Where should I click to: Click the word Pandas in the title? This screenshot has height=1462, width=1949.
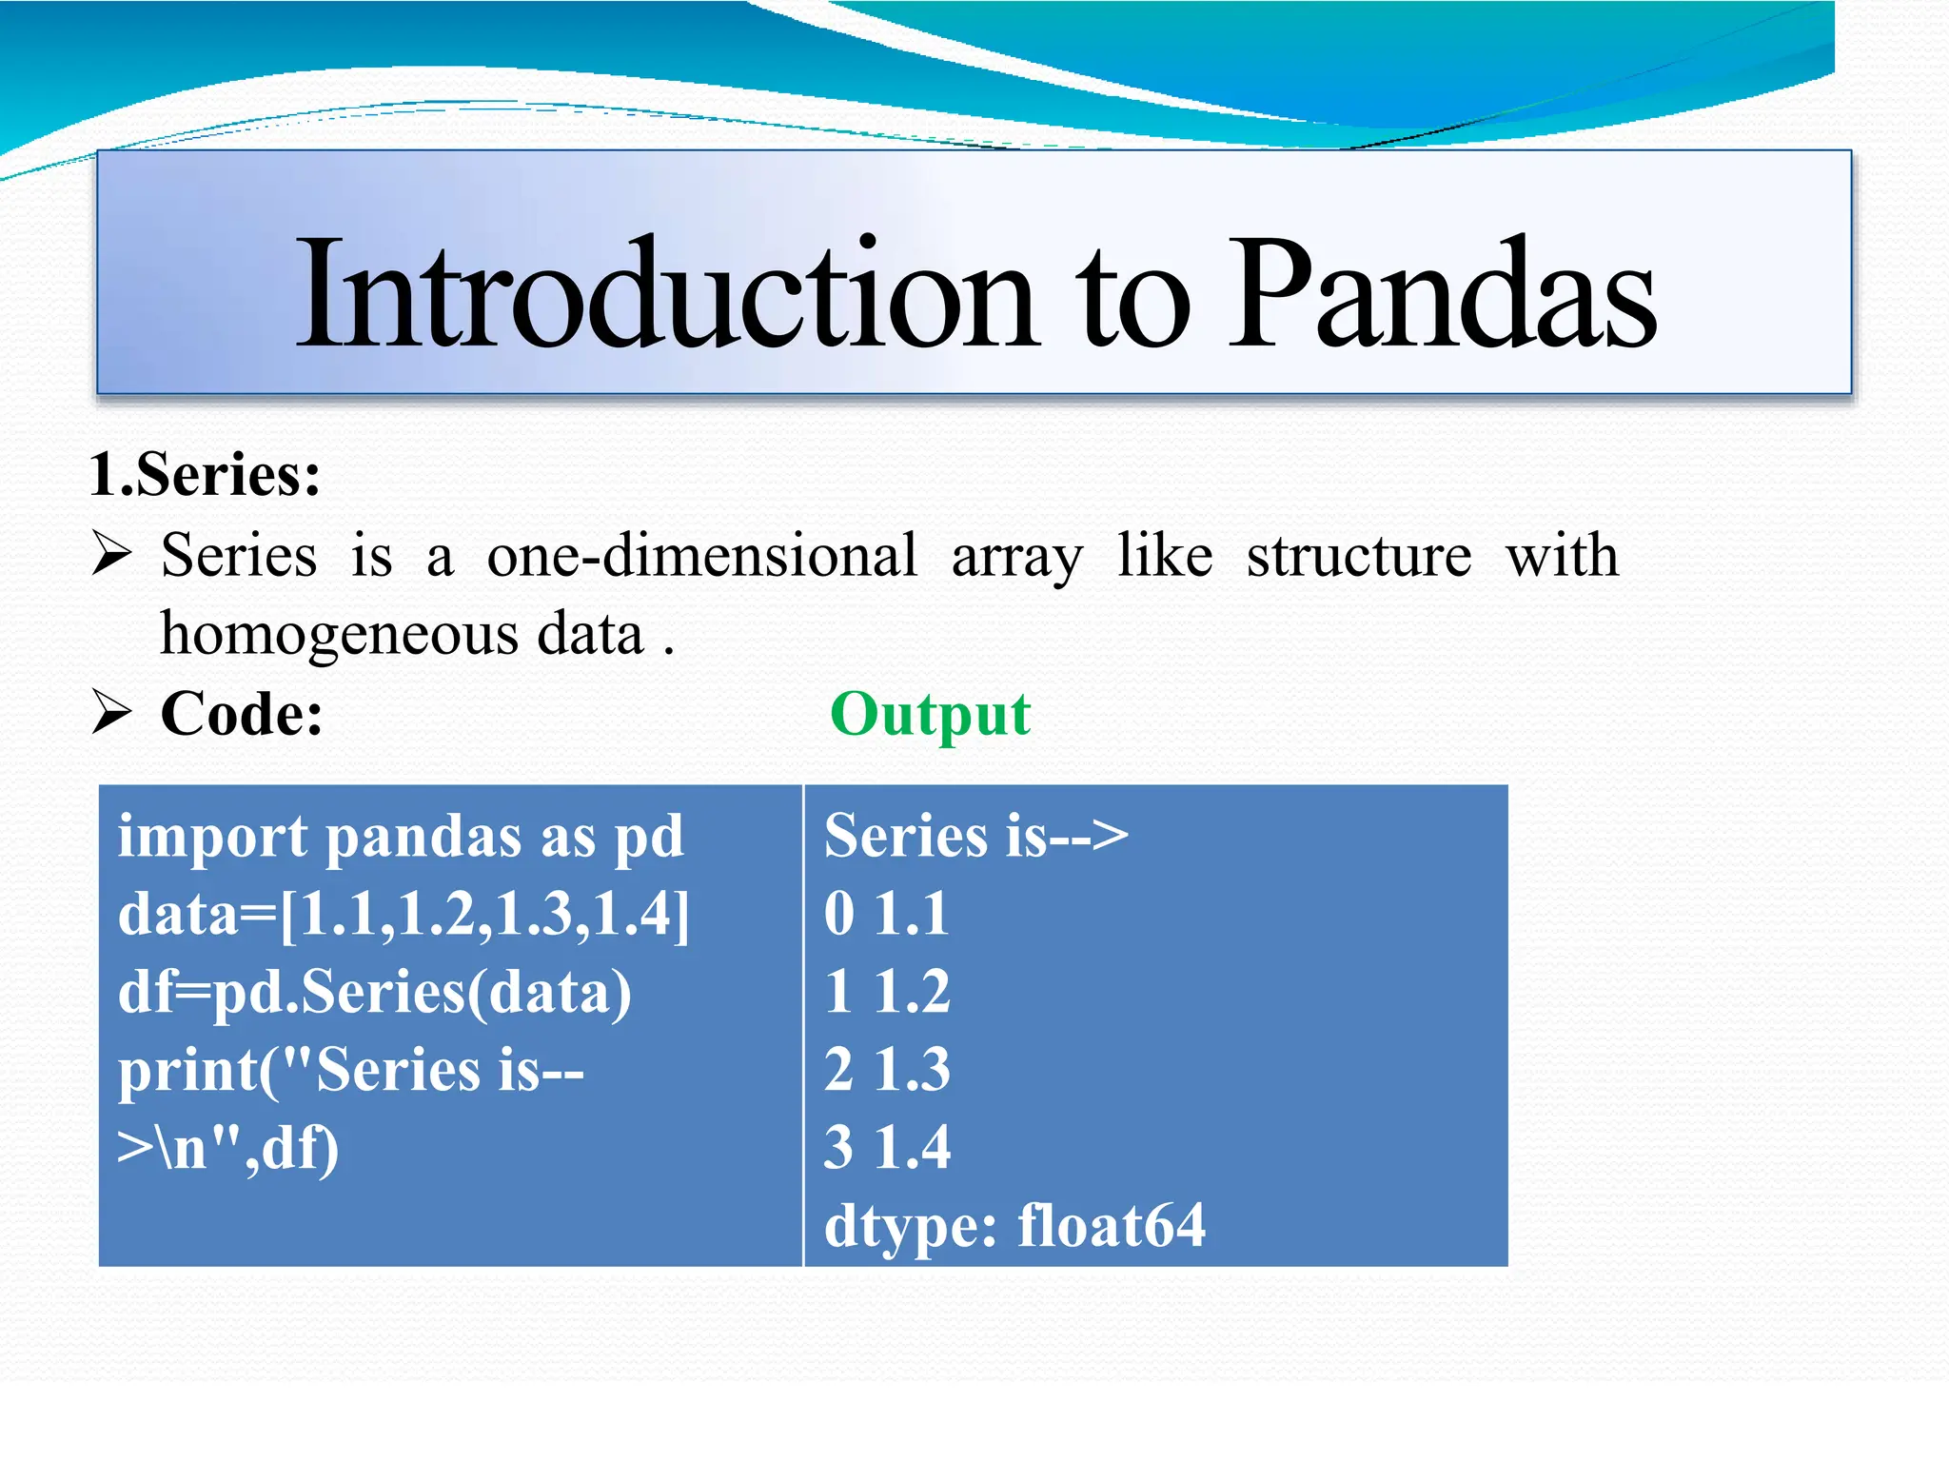1442,295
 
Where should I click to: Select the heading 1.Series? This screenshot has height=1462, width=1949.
205,474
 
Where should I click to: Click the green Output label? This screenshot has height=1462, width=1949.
930,714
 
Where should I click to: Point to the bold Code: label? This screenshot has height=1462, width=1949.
242,714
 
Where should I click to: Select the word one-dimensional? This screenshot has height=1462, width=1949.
701,555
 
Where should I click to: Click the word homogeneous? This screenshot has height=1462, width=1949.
339,634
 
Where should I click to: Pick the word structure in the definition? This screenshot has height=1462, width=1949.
1358,555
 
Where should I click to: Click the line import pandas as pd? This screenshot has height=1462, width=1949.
401,837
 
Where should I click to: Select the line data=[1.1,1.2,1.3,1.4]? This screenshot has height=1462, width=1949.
404,915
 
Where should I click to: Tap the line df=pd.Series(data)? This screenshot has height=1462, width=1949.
374,992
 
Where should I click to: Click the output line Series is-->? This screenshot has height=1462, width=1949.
975,837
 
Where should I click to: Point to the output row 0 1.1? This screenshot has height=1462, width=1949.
886,915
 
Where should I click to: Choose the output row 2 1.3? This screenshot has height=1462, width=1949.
886,1070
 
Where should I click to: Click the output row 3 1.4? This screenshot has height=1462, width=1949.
886,1147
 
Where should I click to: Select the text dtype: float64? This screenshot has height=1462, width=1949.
1014,1225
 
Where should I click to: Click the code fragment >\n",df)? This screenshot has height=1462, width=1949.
227,1148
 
